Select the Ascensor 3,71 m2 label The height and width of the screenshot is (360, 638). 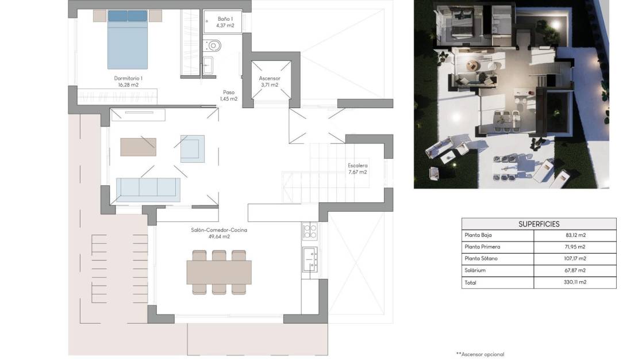(269, 81)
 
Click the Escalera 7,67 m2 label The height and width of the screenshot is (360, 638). (357, 168)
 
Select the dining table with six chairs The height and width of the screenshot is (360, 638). (218, 272)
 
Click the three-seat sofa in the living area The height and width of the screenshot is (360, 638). (148, 189)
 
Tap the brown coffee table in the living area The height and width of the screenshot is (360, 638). (138, 147)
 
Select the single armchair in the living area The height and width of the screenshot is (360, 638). (192, 149)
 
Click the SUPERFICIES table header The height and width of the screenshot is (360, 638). (539, 224)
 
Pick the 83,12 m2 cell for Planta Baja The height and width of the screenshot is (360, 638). (575, 235)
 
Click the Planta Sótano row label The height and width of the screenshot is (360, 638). (482, 259)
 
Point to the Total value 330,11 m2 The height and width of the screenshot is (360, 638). (575, 282)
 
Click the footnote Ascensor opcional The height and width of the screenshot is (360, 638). (479, 354)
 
